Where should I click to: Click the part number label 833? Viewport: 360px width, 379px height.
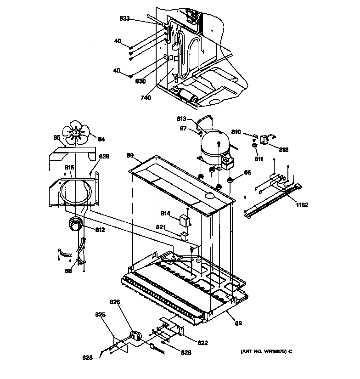[x=124, y=18]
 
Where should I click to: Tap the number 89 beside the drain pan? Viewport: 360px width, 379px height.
[x=130, y=155]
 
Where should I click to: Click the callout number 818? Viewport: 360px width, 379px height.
[x=283, y=150]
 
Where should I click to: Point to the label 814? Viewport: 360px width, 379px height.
[x=165, y=213]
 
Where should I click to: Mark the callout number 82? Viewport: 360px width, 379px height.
[x=238, y=323]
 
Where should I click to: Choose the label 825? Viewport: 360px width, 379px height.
[x=100, y=315]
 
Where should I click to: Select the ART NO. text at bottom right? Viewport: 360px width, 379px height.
[x=266, y=351]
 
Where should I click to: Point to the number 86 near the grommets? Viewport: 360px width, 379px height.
[x=247, y=173]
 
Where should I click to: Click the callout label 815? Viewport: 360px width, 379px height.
[x=69, y=167]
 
